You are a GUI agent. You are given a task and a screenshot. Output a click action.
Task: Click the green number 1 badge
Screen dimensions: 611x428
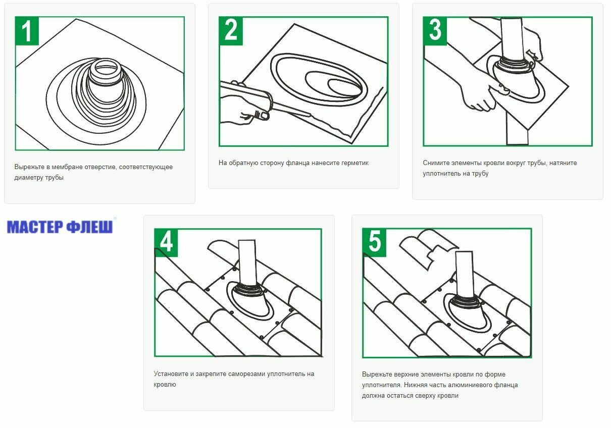[27, 31]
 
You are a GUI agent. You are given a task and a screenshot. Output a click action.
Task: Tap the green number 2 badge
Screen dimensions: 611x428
[231, 31]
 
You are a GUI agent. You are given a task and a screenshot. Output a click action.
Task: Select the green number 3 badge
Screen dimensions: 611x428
[435, 31]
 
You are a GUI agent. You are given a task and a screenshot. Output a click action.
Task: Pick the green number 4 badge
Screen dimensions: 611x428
[166, 243]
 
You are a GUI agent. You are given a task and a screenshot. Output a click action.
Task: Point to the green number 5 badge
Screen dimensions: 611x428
[374, 242]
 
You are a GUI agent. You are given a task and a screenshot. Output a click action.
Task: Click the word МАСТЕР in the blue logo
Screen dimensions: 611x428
[35, 227]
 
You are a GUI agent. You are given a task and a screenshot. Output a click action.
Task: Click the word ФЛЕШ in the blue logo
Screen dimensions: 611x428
[90, 227]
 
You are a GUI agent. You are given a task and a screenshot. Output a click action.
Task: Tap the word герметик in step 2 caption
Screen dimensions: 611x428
[355, 163]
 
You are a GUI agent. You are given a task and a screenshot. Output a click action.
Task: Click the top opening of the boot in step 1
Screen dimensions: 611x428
[106, 68]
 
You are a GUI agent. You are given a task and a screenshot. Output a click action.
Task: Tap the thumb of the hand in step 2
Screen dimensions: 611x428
[261, 115]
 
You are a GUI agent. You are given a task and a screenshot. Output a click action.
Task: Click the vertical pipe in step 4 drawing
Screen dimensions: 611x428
[247, 262]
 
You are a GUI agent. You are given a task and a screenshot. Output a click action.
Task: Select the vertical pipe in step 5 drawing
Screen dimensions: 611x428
[465, 274]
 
